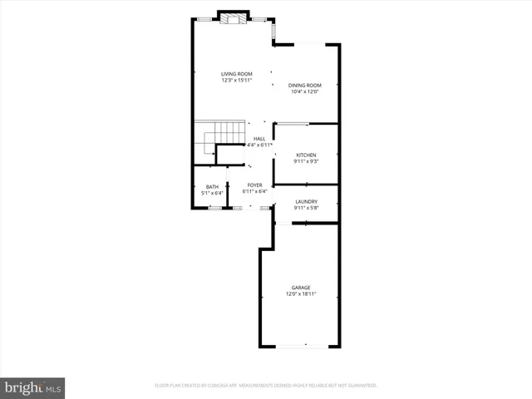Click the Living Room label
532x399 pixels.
237,74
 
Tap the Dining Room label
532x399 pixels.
305,85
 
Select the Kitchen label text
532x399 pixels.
307,155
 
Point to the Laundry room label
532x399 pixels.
307,202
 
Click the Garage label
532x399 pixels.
301,288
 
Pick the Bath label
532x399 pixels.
213,186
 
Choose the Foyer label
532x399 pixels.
254,185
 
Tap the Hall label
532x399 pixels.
259,139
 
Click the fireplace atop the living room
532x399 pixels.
233,17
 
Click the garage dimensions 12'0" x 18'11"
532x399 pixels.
301,294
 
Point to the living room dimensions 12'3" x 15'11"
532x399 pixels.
237,81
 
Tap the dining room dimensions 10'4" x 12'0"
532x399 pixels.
305,91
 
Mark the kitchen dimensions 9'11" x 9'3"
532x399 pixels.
307,161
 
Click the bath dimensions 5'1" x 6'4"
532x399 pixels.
213,193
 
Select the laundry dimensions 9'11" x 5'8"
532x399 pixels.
307,209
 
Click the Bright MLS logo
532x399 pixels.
33,387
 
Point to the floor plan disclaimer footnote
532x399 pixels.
266,386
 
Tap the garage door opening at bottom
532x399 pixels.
304,345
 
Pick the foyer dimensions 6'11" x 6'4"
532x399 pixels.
254,192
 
